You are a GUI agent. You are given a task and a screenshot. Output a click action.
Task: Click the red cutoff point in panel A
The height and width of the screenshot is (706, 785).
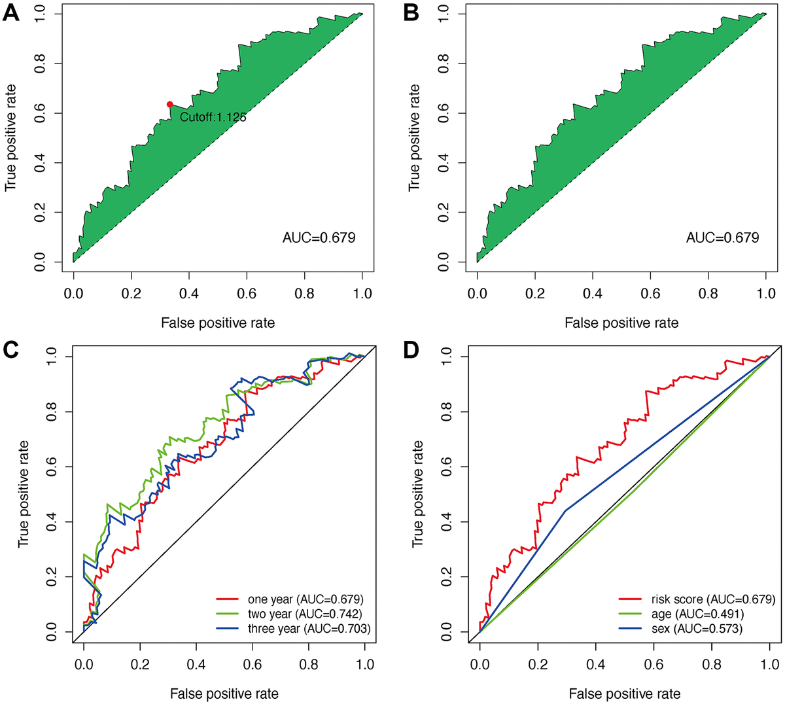[169, 105]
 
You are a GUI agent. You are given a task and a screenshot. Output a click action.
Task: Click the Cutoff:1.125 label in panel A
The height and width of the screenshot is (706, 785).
[213, 118]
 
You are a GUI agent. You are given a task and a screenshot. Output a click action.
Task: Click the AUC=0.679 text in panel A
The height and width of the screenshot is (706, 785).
[319, 238]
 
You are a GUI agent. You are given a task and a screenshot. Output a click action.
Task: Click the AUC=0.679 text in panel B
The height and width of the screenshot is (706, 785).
[722, 238]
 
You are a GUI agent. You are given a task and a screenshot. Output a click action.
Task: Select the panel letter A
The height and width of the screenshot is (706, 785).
[11, 13]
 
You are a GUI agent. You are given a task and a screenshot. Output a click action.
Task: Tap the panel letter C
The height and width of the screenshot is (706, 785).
[11, 351]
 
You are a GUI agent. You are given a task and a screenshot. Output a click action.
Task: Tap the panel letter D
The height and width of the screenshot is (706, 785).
[411, 351]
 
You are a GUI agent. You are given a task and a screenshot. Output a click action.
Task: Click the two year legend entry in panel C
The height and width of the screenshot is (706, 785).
[304, 614]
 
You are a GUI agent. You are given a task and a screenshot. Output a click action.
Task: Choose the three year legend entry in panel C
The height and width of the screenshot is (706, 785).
[309, 629]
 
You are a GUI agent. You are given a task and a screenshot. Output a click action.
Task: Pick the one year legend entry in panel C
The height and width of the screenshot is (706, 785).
[305, 599]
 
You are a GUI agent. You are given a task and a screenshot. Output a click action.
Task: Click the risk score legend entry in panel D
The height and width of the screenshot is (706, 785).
[712, 599]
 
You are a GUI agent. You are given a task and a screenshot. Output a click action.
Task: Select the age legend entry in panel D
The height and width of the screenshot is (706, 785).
[697, 614]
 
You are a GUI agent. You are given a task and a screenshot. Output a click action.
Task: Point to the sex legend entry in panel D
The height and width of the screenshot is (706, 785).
[697, 629]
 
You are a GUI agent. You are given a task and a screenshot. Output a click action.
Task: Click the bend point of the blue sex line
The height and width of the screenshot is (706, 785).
[565, 510]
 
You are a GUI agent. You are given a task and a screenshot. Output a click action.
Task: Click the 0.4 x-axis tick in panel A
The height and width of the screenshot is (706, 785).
[188, 294]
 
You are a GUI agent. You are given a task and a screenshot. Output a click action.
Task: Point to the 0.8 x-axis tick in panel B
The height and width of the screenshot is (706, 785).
[708, 294]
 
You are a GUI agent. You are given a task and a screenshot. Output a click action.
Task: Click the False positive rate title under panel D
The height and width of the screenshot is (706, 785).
[624, 694]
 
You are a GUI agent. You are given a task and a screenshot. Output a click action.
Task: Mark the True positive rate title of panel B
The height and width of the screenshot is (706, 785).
[415, 137]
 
